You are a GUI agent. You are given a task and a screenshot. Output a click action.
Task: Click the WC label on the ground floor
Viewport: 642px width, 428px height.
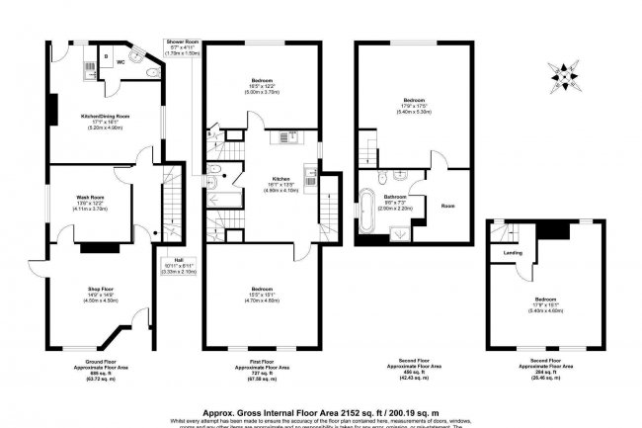pyautogui.click(x=120, y=60)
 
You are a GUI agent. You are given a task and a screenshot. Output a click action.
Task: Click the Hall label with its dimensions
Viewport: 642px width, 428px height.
pyautogui.click(x=179, y=267)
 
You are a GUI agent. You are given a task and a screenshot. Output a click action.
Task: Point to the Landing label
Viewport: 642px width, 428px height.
pyautogui.click(x=513, y=252)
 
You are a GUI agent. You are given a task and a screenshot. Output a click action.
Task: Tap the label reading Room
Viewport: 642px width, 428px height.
pyautogui.click(x=447, y=206)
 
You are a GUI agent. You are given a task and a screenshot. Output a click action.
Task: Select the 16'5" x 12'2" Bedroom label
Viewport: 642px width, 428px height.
pyautogui.click(x=262, y=84)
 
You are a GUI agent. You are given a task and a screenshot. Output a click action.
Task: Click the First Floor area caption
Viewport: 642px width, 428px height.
pyautogui.click(x=261, y=367)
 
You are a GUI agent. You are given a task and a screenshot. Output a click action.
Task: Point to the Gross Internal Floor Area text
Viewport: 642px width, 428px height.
pyautogui.click(x=320, y=404)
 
